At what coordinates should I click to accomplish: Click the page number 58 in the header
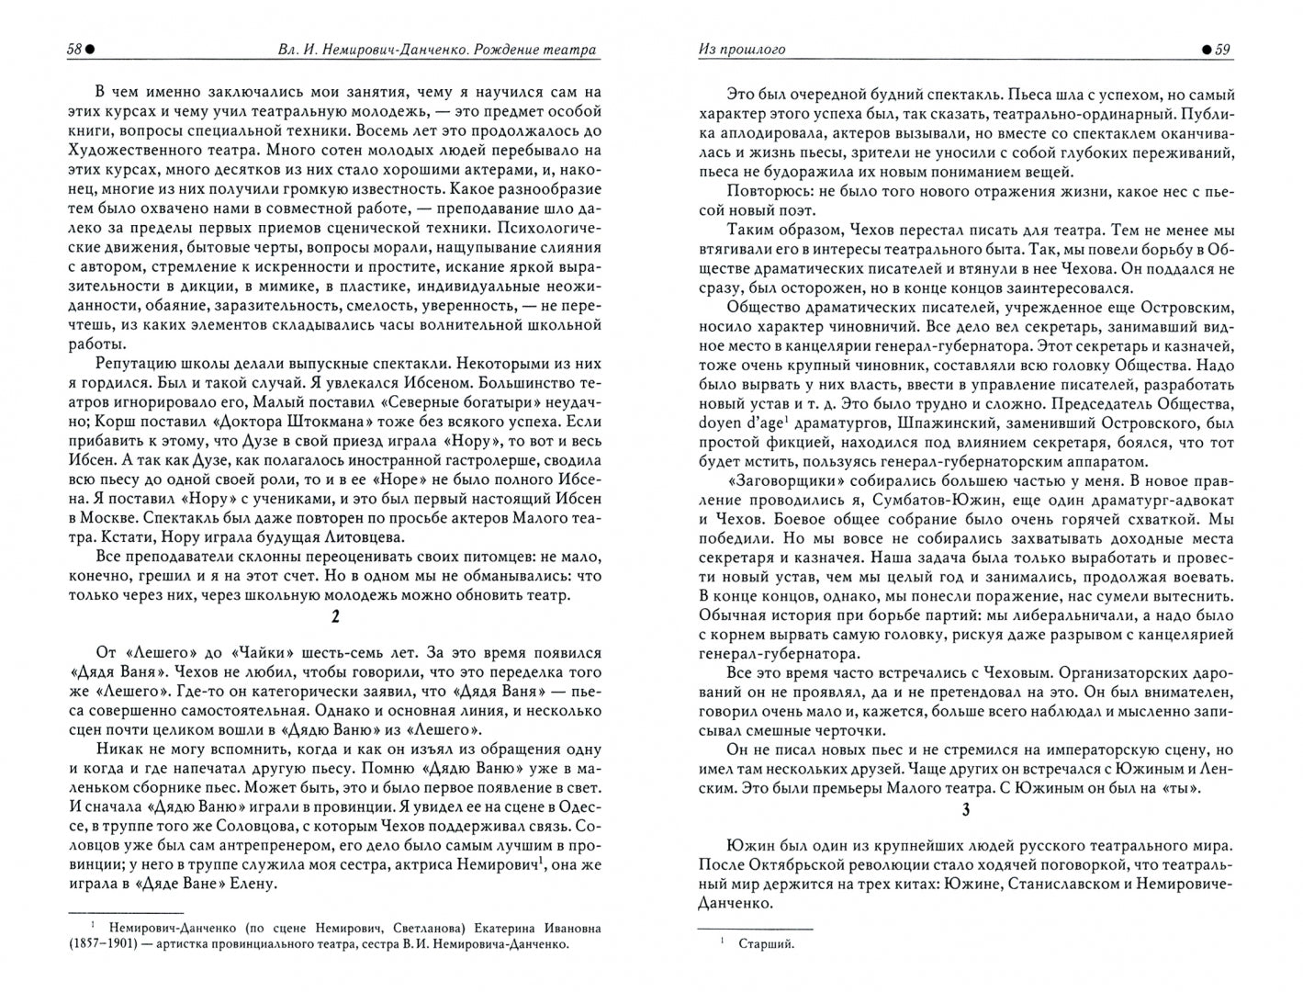(x=74, y=50)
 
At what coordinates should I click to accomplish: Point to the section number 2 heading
(x=335, y=617)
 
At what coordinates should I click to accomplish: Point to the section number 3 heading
(x=965, y=809)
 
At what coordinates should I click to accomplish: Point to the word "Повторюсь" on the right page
(x=767, y=190)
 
